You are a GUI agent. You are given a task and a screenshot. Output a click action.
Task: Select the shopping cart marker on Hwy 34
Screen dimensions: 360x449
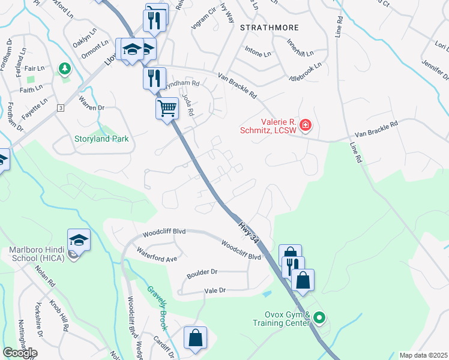click(x=167, y=109)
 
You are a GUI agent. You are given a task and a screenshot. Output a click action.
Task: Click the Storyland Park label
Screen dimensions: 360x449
click(x=102, y=139)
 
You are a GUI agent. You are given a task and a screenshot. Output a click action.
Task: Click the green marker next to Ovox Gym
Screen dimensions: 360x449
click(x=320, y=318)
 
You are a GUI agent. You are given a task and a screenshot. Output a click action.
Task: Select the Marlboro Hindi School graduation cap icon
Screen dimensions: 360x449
click(x=79, y=241)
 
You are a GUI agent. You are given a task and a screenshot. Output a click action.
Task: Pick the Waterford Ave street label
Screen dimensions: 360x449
click(x=156, y=254)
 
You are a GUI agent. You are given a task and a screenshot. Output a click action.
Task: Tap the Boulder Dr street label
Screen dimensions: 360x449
click(x=201, y=272)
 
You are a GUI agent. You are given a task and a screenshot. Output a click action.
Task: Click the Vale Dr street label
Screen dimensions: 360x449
click(x=214, y=290)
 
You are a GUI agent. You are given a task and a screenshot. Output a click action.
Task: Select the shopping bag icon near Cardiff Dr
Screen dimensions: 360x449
click(x=196, y=338)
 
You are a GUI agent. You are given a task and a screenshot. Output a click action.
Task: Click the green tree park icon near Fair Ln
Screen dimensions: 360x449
click(x=64, y=70)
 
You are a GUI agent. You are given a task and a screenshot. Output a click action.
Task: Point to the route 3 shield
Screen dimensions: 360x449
click(x=61, y=107)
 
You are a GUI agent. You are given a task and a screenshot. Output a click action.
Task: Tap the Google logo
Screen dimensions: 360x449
click(x=20, y=353)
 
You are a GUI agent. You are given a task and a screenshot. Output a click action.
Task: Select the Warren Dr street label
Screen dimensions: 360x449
click(x=92, y=108)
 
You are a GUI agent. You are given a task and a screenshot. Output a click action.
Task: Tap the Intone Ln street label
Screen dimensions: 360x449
click(x=259, y=53)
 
